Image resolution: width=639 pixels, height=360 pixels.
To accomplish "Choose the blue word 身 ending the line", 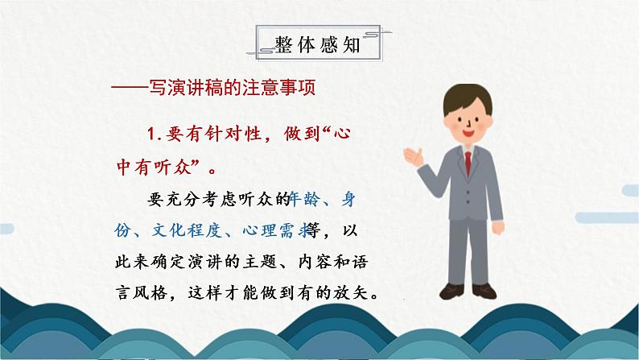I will click(x=349, y=198).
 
